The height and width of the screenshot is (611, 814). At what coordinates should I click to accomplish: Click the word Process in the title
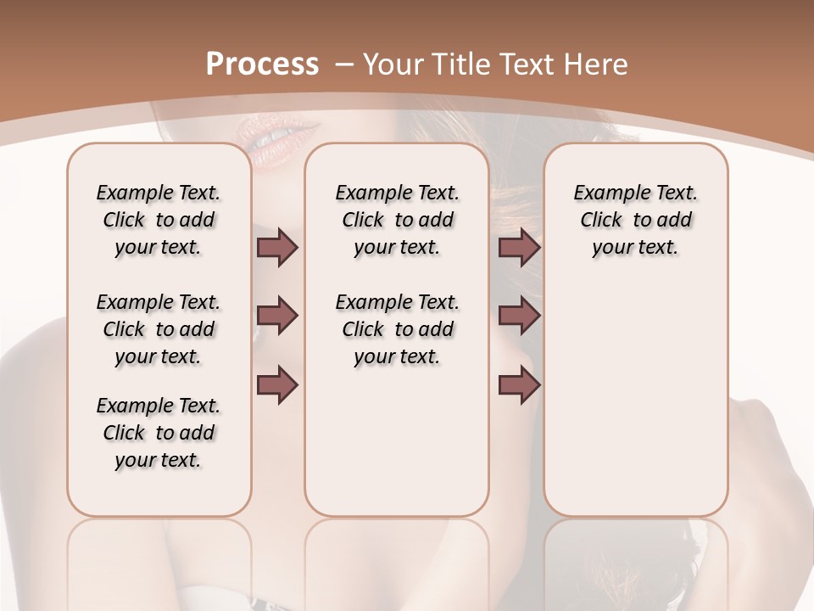[262, 64]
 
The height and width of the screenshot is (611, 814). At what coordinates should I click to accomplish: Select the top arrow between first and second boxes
[277, 248]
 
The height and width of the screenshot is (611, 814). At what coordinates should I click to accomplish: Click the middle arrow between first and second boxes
[277, 316]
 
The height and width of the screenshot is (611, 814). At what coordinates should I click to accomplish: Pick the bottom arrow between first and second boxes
[277, 384]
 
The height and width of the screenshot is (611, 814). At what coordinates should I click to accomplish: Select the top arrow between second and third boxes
[519, 248]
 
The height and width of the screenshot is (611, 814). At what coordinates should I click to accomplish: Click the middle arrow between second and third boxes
[519, 316]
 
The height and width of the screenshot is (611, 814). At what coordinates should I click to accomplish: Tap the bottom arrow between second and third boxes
[519, 384]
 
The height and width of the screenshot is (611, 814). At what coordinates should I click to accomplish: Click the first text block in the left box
[159, 220]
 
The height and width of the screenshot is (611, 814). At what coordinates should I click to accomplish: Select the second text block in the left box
[159, 329]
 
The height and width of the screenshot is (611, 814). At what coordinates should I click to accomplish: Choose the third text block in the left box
[159, 433]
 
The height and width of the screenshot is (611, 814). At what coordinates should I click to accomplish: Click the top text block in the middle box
[397, 220]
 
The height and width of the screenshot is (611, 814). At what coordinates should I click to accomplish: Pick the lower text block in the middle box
[397, 329]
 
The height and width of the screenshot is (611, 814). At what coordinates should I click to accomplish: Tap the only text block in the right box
[635, 220]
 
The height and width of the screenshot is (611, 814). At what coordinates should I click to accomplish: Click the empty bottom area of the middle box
[397, 450]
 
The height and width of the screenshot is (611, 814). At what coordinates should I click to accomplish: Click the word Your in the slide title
[394, 64]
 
